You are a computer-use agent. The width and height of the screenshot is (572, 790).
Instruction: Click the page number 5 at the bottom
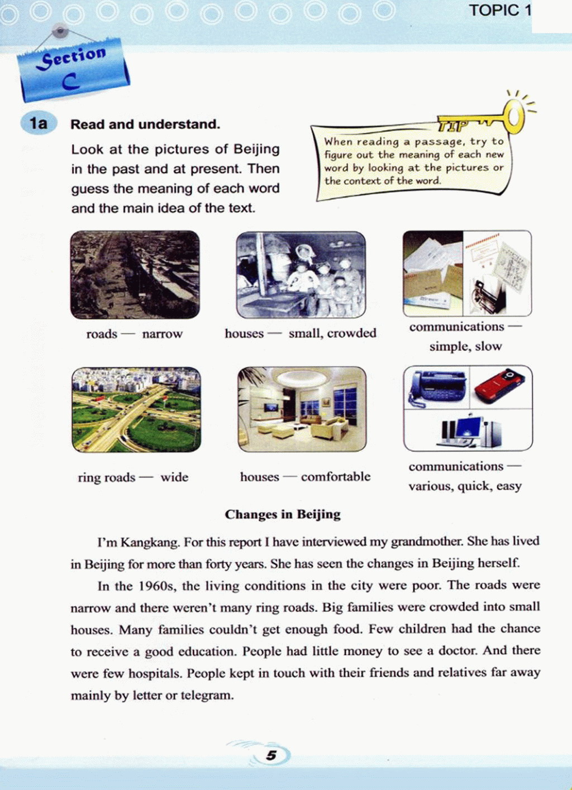[271, 755]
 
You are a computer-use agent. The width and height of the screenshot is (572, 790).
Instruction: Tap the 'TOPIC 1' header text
[499, 10]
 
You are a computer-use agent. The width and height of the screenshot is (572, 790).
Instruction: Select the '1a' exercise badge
[38, 123]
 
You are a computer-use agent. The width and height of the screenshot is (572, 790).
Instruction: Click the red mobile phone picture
[500, 386]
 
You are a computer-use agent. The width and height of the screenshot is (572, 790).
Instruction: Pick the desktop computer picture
[469, 432]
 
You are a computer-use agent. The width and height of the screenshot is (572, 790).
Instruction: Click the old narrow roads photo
[135, 275]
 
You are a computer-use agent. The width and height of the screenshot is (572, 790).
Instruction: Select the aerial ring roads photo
[136, 410]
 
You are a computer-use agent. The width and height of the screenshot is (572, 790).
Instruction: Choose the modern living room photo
[302, 409]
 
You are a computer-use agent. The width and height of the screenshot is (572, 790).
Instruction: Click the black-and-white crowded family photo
[301, 275]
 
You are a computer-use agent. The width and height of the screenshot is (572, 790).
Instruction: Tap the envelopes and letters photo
[433, 274]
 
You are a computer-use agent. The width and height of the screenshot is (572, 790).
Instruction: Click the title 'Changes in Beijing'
[283, 514]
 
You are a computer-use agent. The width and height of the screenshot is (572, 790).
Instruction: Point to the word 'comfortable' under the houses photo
[336, 477]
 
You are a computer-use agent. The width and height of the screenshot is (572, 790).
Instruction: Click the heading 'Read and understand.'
[145, 124]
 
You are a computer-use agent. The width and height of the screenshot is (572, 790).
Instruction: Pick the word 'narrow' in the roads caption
[162, 334]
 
